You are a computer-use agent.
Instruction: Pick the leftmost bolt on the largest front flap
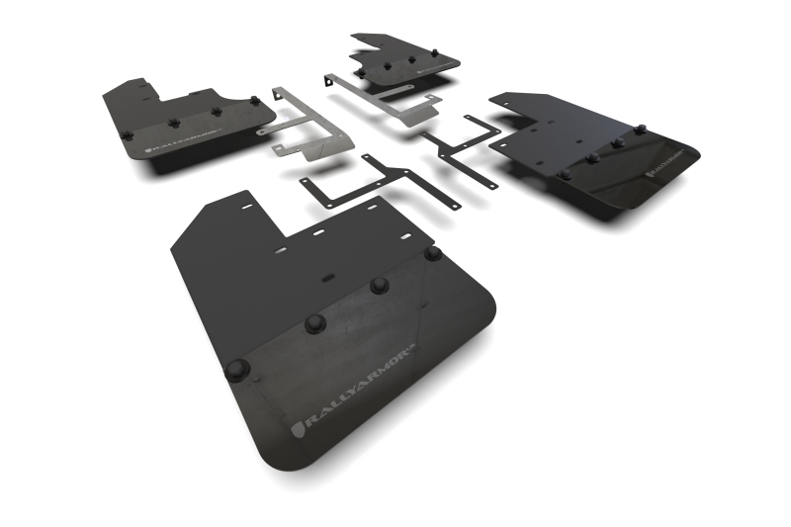tap(237, 369)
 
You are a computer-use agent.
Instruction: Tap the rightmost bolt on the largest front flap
tap(432, 253)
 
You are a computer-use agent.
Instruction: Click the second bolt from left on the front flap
tap(314, 322)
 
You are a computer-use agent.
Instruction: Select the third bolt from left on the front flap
tap(378, 286)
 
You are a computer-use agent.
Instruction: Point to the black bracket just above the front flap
tap(381, 183)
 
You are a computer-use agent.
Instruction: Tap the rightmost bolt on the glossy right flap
tap(640, 130)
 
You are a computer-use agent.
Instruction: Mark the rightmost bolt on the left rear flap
tap(254, 100)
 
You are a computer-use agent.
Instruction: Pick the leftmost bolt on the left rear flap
tap(126, 134)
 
